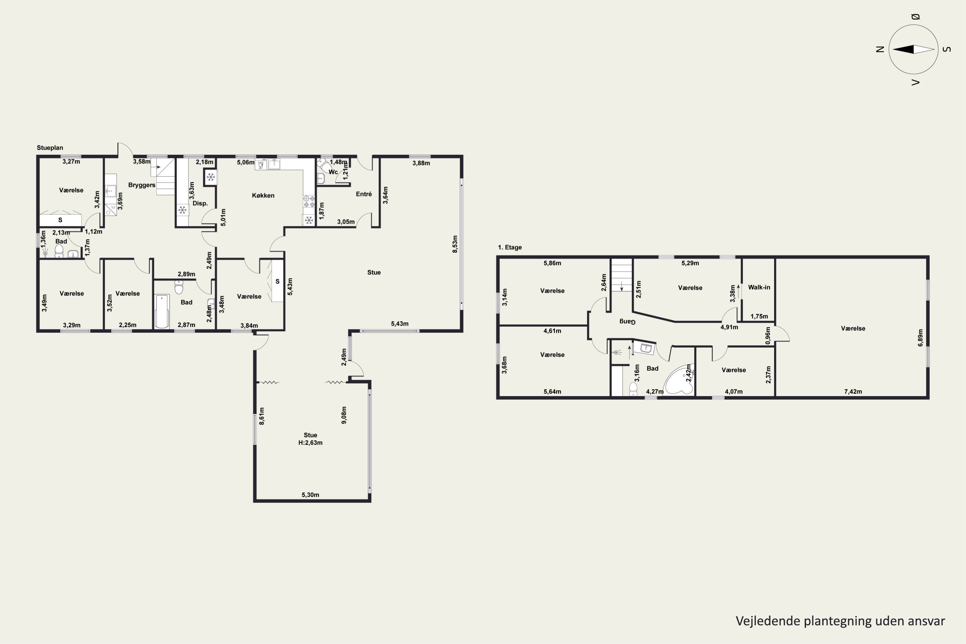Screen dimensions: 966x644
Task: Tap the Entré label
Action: pyautogui.click(x=364, y=194)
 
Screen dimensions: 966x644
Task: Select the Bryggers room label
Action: pyautogui.click(x=142, y=185)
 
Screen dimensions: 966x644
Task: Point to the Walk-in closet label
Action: pyautogui.click(x=759, y=287)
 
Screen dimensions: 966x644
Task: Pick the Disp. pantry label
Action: pyautogui.click(x=200, y=203)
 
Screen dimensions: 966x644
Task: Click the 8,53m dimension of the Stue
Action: pyautogui.click(x=455, y=244)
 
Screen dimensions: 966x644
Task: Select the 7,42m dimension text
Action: pyautogui.click(x=853, y=392)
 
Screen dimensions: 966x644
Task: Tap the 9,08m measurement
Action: pyautogui.click(x=344, y=415)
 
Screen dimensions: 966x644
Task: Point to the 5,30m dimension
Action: pyautogui.click(x=310, y=495)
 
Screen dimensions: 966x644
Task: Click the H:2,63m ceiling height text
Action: pyautogui.click(x=310, y=443)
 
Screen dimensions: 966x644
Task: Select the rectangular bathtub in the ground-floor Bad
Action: pyautogui.click(x=162, y=311)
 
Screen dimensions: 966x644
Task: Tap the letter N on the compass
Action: pyautogui.click(x=880, y=49)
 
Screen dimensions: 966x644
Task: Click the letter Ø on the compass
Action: pyautogui.click(x=915, y=17)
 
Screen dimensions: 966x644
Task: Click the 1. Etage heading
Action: pyautogui.click(x=510, y=247)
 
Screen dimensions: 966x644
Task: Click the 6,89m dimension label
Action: pyautogui.click(x=920, y=337)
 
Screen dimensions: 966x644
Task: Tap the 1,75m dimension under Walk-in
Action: pyautogui.click(x=759, y=316)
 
